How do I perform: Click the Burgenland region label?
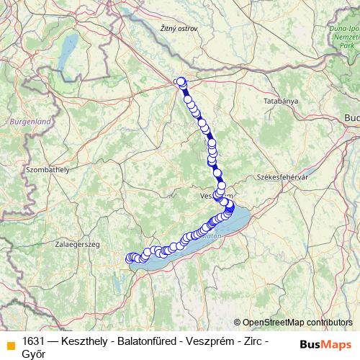[30, 122]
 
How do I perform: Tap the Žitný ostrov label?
[179, 28]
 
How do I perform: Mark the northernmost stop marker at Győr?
[181, 81]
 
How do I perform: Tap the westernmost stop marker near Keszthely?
[130, 257]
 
